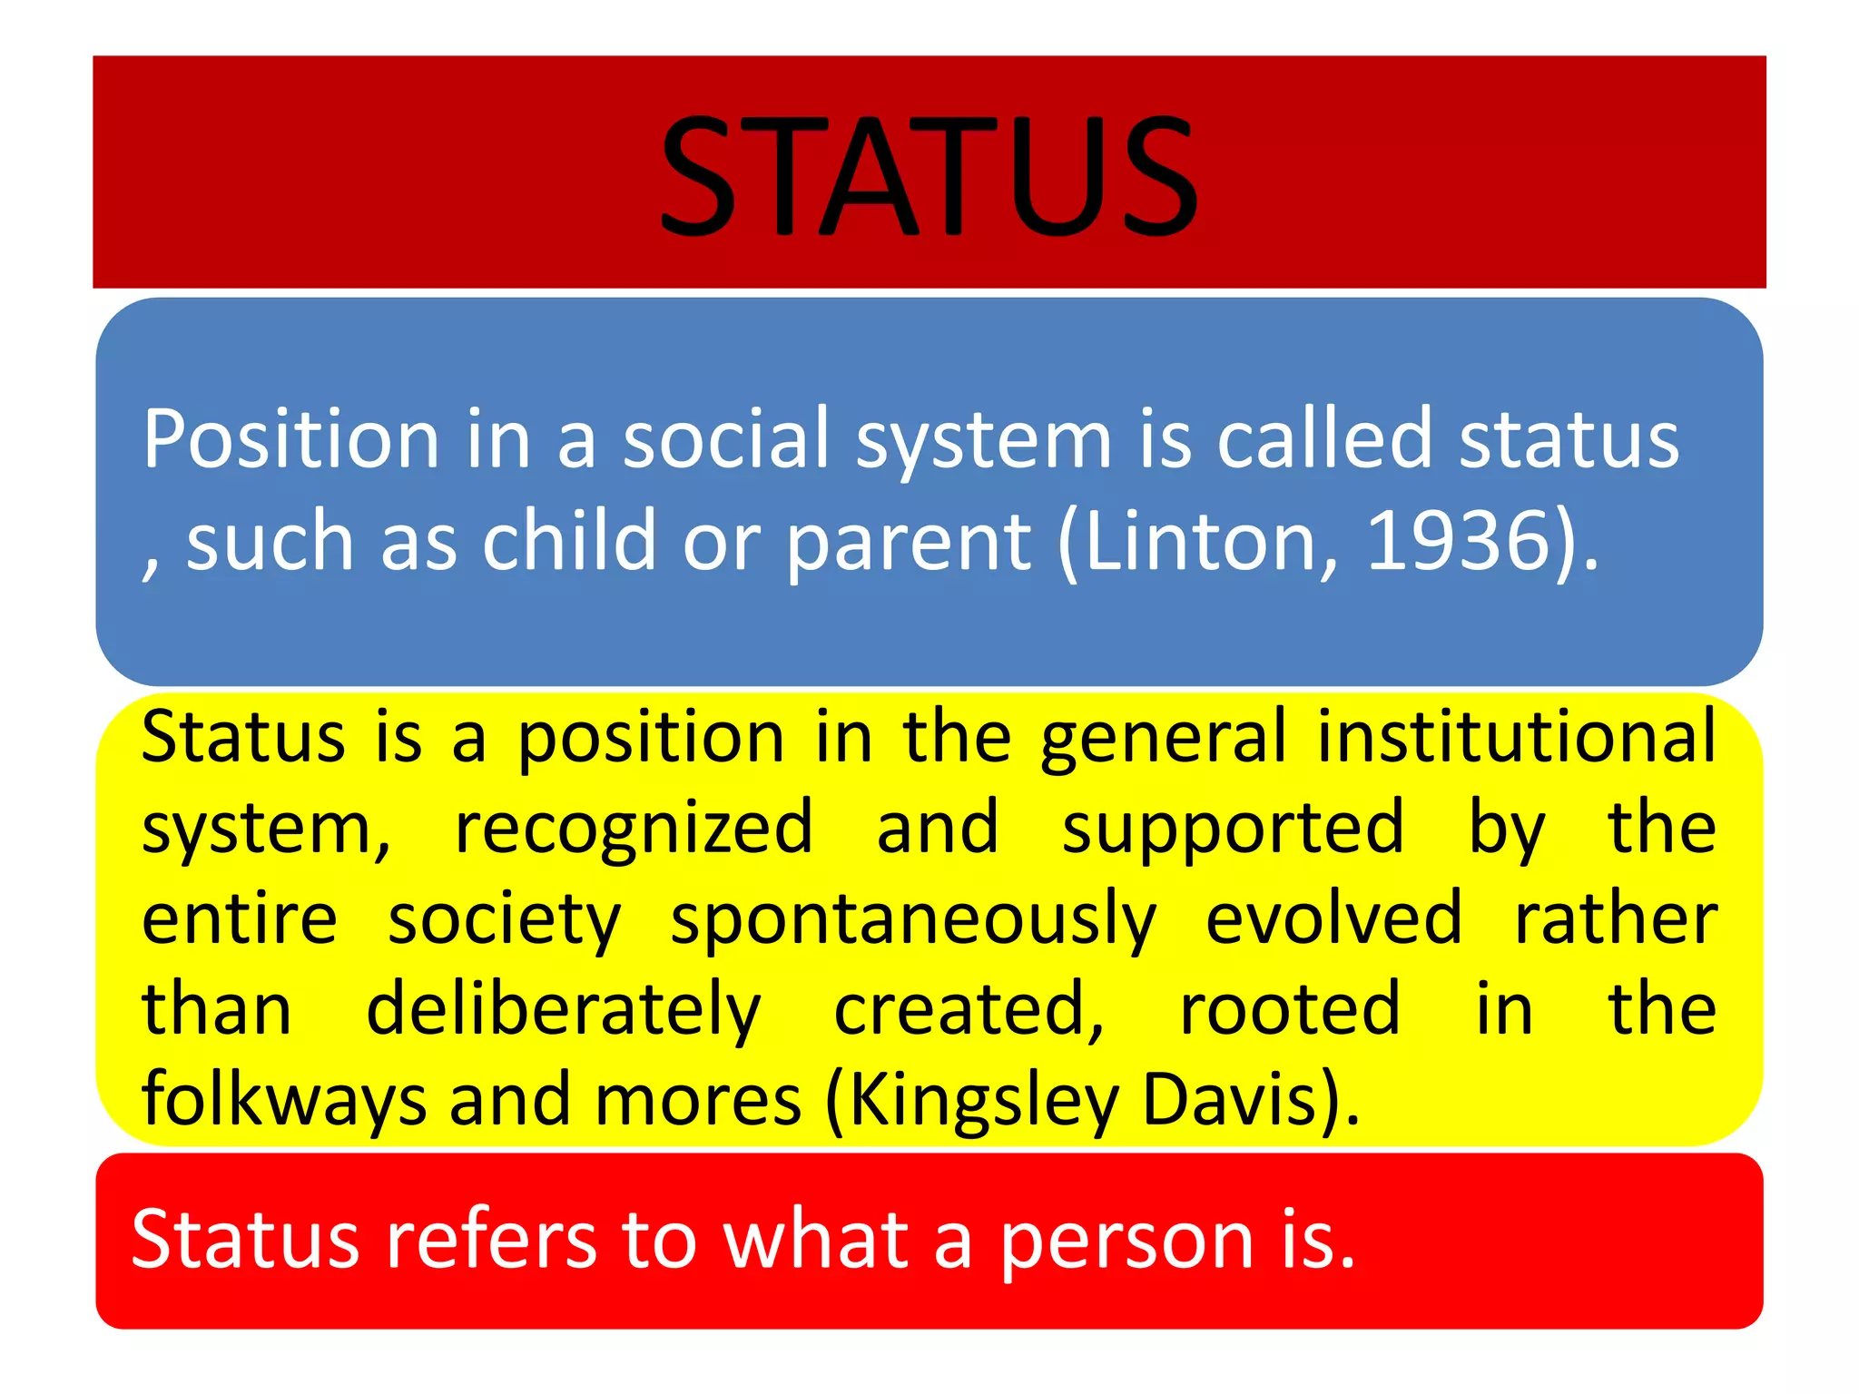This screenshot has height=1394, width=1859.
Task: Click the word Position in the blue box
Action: [x=291, y=439]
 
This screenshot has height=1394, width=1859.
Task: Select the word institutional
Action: [x=1517, y=736]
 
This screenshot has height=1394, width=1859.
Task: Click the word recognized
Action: [x=634, y=828]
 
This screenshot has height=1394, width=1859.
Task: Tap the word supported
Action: [x=1233, y=828]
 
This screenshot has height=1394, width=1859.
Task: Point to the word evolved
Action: [x=1333, y=918]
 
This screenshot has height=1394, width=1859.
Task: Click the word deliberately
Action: [x=563, y=1010]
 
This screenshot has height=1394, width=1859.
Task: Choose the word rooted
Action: [x=1290, y=1009]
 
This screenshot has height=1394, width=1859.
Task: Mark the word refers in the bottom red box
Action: [x=491, y=1240]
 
